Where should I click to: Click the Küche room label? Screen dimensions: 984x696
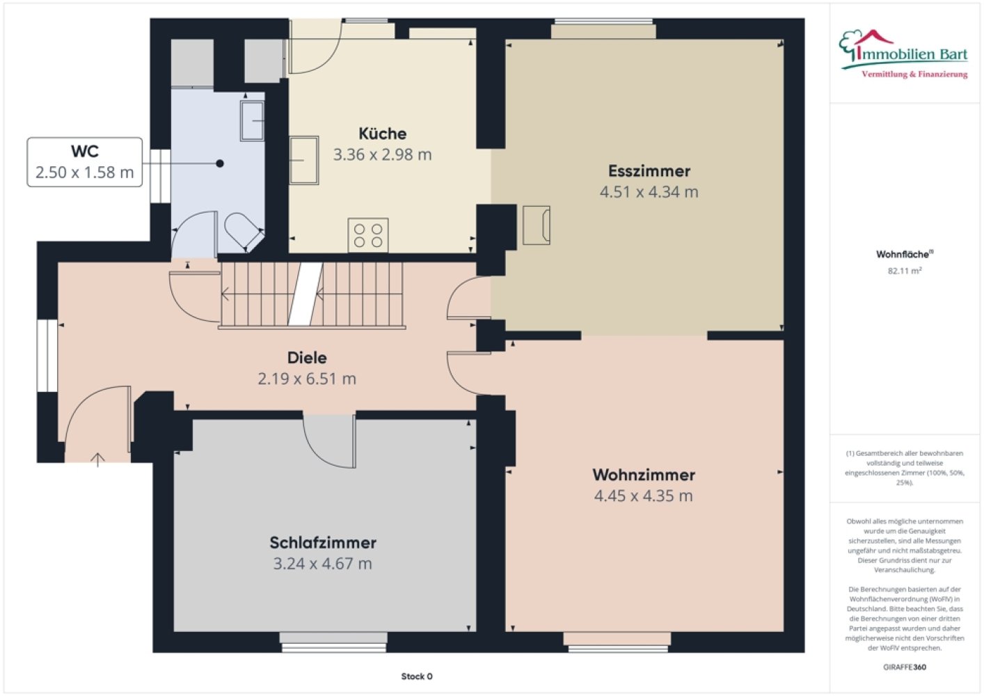coord(382,134)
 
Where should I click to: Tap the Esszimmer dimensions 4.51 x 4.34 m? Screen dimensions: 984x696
coord(649,192)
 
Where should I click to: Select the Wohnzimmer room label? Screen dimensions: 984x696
coord(644,475)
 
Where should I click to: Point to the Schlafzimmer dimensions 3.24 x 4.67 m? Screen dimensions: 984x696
coord(322,564)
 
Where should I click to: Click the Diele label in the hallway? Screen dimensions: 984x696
coord(307,358)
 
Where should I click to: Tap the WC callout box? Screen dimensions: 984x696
coord(85,162)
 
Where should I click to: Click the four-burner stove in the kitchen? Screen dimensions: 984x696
coord(368,235)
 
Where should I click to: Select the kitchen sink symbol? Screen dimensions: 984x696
coord(304,160)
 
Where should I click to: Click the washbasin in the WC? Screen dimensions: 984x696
coord(252,121)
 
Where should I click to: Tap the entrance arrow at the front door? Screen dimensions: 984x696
coord(97,459)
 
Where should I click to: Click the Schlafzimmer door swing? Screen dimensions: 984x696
coord(329,441)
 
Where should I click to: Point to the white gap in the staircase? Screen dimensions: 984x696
coord(305,294)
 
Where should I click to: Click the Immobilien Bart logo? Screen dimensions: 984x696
coord(903,54)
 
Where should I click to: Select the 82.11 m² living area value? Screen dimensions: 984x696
coord(905,271)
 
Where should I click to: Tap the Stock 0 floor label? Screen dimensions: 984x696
coord(416,677)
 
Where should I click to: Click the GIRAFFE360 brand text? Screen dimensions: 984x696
coord(905,667)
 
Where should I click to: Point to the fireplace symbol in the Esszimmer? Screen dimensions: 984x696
coord(537,226)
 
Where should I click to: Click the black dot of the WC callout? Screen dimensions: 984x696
coord(220,164)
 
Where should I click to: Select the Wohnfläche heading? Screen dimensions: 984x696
coord(905,254)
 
